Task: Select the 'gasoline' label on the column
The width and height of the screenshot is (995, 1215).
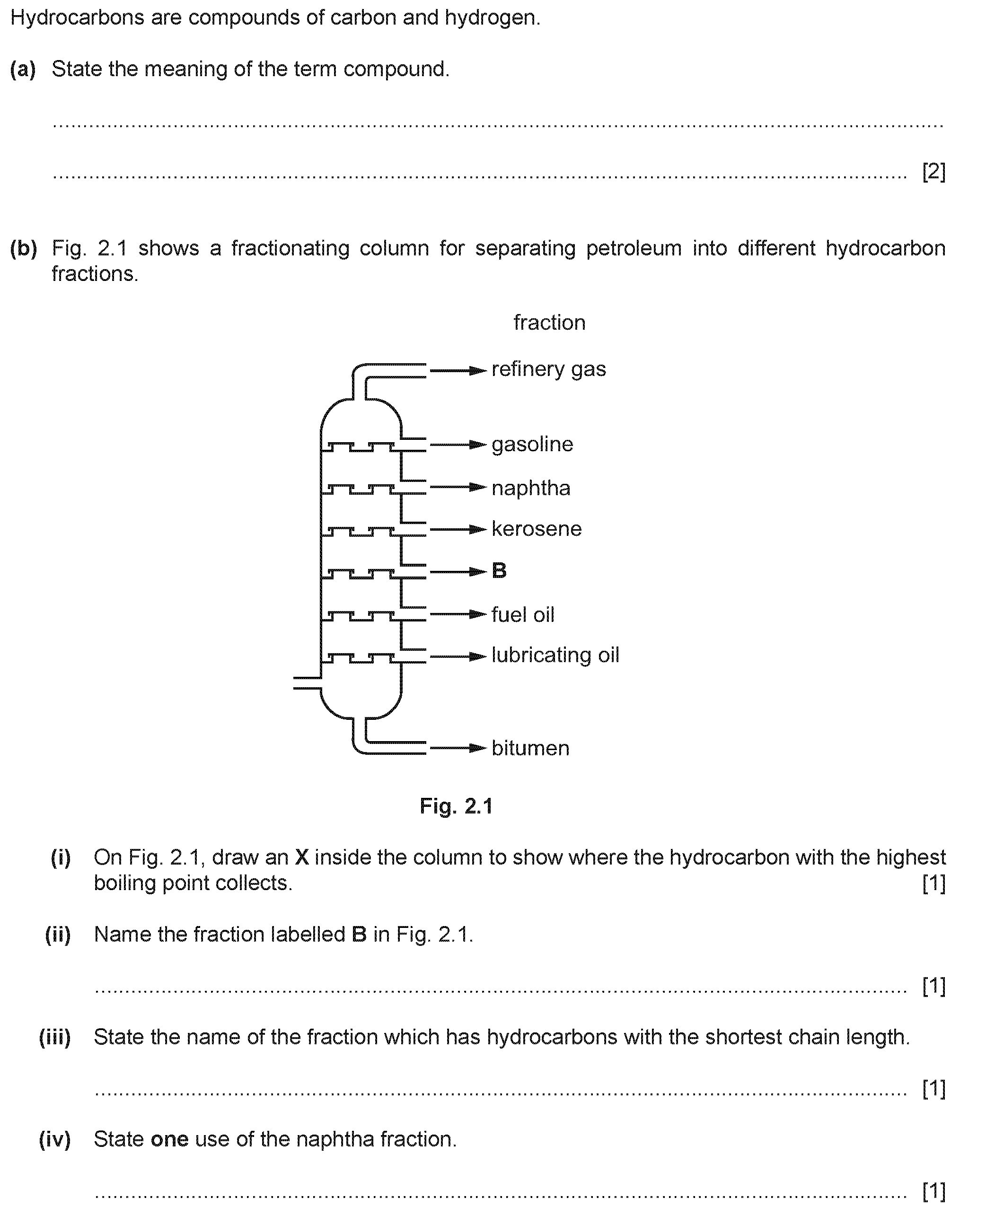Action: click(532, 445)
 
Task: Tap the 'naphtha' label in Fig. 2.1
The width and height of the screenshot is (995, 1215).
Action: click(531, 488)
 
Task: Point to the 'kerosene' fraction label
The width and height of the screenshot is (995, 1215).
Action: click(537, 529)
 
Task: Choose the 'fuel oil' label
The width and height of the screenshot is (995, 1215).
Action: click(523, 615)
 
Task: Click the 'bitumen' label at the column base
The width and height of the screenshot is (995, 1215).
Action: click(531, 748)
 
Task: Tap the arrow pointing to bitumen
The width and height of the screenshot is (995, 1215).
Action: click(458, 748)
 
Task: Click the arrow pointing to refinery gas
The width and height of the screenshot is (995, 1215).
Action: click(458, 371)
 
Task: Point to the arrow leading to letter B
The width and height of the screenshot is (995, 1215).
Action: click(458, 572)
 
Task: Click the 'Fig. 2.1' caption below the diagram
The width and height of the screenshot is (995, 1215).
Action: click(456, 806)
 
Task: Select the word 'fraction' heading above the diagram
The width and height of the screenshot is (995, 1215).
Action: click(549, 323)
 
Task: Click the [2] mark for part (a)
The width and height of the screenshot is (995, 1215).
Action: click(933, 171)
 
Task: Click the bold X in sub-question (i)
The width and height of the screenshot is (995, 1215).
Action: click(302, 857)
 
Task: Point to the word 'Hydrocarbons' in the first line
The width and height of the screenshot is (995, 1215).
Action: click(78, 18)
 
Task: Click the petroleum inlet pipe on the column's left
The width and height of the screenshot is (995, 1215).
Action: click(307, 682)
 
